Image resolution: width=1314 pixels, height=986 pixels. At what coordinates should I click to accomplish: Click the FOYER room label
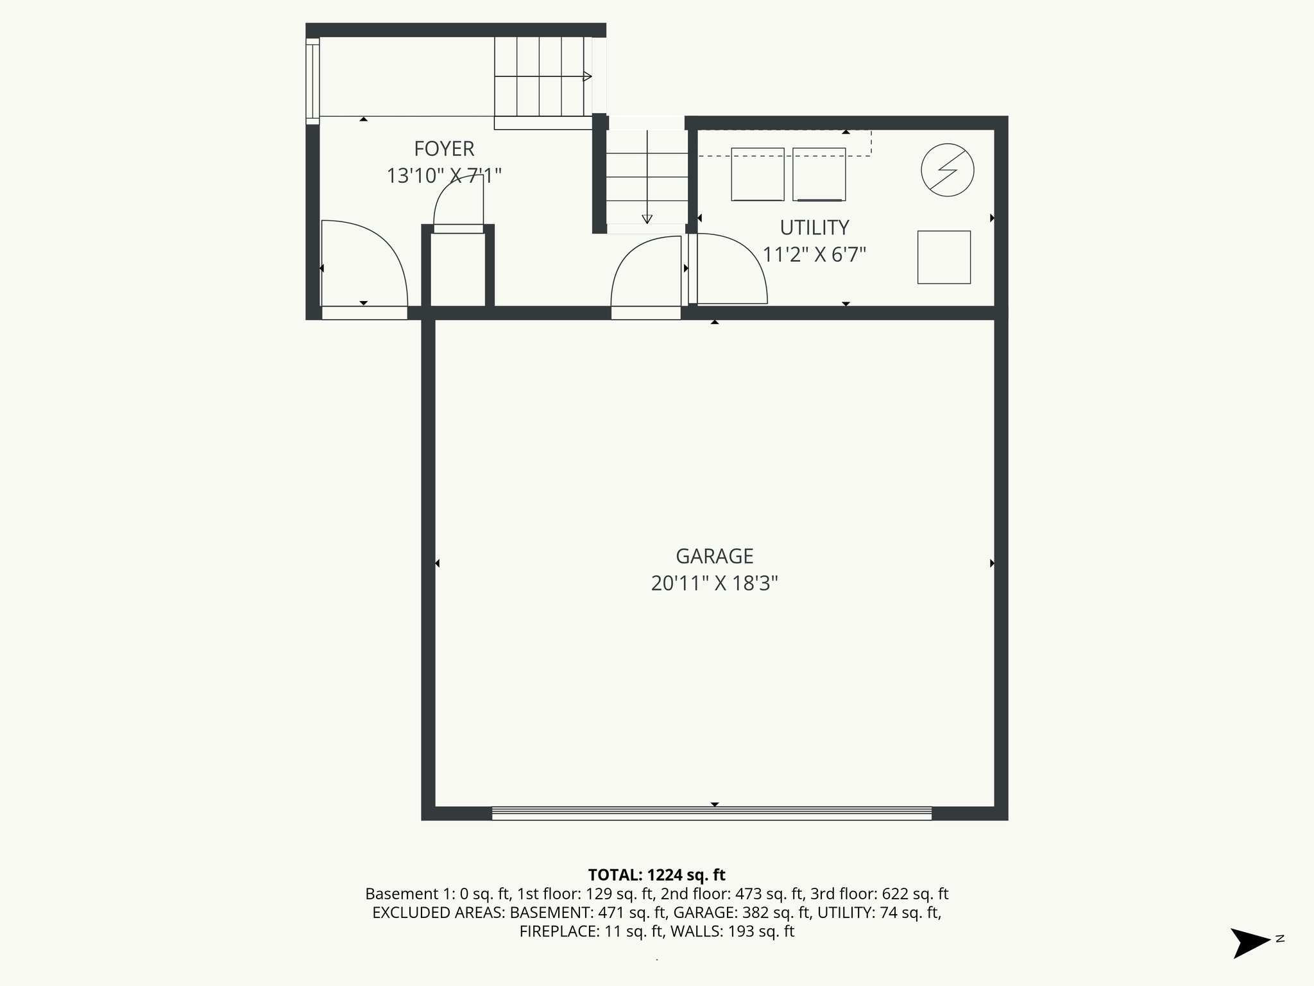click(x=444, y=149)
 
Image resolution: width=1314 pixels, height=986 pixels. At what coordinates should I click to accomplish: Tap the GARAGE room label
click(x=714, y=556)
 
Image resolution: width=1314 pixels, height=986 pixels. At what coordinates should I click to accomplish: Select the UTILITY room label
click(x=814, y=228)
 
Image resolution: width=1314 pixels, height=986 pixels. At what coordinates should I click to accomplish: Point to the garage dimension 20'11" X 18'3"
click(x=714, y=584)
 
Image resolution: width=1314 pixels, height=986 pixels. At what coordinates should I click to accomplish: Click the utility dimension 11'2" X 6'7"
click(x=814, y=255)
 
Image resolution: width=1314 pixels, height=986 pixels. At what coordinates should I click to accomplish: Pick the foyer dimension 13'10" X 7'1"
click(x=444, y=176)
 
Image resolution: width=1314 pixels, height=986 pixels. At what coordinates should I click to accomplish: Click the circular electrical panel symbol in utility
click(x=947, y=170)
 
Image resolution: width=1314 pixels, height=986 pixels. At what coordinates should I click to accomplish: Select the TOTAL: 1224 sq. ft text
click(x=656, y=875)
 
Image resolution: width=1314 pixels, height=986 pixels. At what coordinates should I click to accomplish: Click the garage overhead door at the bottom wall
click(x=712, y=813)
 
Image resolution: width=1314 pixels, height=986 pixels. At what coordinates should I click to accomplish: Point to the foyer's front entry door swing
click(x=364, y=263)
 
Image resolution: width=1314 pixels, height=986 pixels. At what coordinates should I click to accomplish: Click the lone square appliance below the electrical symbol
click(x=944, y=257)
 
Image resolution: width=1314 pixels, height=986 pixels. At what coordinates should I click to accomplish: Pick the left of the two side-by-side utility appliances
click(x=757, y=174)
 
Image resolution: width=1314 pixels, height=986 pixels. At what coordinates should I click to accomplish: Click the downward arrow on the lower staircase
click(x=647, y=218)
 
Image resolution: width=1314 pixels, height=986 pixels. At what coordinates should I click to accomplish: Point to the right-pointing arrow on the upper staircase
click(x=587, y=77)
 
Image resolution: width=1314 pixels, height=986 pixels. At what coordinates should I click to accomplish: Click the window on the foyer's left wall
click(x=312, y=81)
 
